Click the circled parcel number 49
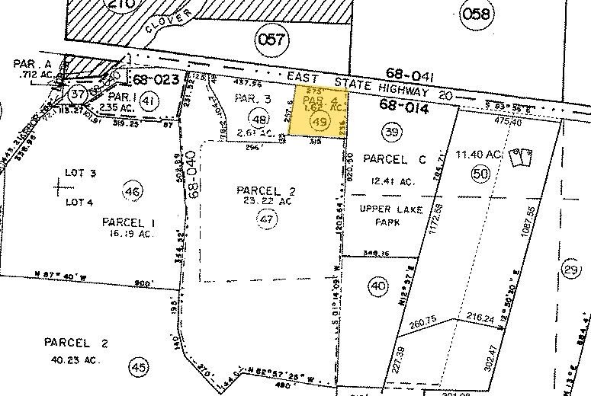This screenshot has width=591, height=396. (320, 121)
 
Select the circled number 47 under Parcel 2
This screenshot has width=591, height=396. (265, 219)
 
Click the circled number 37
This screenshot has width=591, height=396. (77, 95)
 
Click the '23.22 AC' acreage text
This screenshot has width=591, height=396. (265, 202)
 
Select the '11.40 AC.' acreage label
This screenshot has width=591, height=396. (480, 155)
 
